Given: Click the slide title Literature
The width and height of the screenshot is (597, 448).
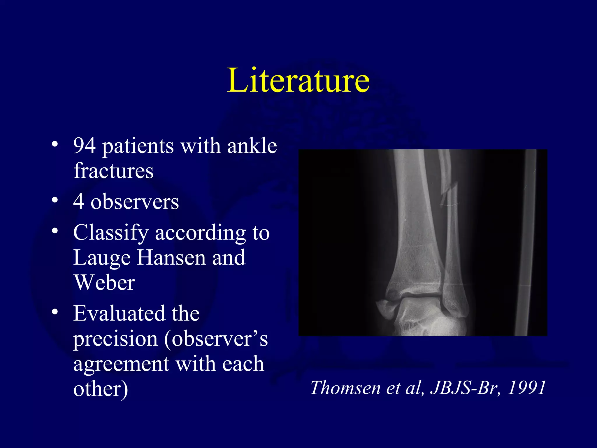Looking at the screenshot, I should click(x=298, y=80).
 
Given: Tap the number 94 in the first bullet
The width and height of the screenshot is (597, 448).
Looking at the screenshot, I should click(x=85, y=146).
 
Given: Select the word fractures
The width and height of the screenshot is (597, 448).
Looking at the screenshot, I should click(x=113, y=171).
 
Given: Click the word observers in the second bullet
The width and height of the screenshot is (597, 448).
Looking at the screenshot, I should click(x=134, y=202).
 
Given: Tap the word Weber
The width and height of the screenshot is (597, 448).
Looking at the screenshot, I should click(x=104, y=283).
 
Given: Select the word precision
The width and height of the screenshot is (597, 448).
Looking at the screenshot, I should click(x=115, y=339).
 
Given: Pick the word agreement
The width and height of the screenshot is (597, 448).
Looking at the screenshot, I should click(x=121, y=364).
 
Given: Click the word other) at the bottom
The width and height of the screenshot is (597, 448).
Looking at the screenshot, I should click(x=101, y=389).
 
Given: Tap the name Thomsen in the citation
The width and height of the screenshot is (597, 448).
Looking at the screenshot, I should click(x=345, y=388).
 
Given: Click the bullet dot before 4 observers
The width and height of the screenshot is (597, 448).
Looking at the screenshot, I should click(x=55, y=201).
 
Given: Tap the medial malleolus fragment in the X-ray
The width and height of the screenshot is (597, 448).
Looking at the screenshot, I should click(x=386, y=309).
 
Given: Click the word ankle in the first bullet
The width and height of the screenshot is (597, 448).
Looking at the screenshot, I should click(x=252, y=146).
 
